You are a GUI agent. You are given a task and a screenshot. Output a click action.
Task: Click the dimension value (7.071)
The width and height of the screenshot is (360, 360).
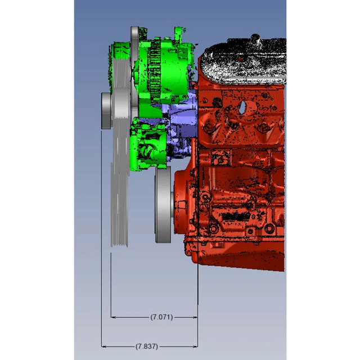161,317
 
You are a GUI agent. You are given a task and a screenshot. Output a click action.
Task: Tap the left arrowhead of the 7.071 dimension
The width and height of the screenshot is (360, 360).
113,317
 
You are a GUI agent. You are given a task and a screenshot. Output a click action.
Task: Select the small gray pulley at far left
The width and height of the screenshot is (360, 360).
106,110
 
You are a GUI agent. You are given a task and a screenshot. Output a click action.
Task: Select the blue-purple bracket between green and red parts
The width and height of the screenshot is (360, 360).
180,112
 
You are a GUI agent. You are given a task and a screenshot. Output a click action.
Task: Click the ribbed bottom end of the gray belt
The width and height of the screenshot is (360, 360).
120,239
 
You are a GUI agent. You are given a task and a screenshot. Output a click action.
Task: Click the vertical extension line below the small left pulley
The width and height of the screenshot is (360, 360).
101,236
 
